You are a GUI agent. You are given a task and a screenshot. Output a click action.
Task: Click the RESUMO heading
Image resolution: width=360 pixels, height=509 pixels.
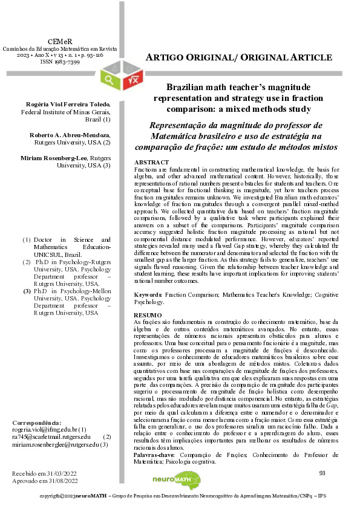point(147,316)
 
